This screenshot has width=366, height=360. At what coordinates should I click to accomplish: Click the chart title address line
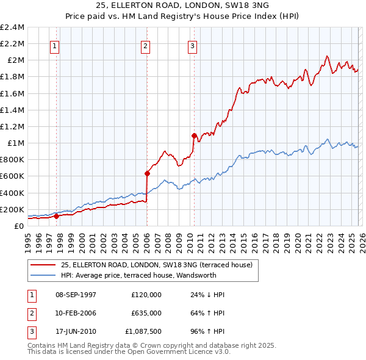tap(183, 5)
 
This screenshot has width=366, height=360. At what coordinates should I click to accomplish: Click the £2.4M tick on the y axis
tap(12, 27)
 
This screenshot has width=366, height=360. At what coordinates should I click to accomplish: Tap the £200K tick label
tap(12, 209)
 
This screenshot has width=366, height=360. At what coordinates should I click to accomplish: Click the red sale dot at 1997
tap(56, 215)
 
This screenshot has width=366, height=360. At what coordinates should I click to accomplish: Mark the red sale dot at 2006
tap(147, 173)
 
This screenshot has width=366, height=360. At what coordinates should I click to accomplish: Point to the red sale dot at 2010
tap(194, 135)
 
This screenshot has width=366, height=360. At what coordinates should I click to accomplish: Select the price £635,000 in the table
tap(146, 314)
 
